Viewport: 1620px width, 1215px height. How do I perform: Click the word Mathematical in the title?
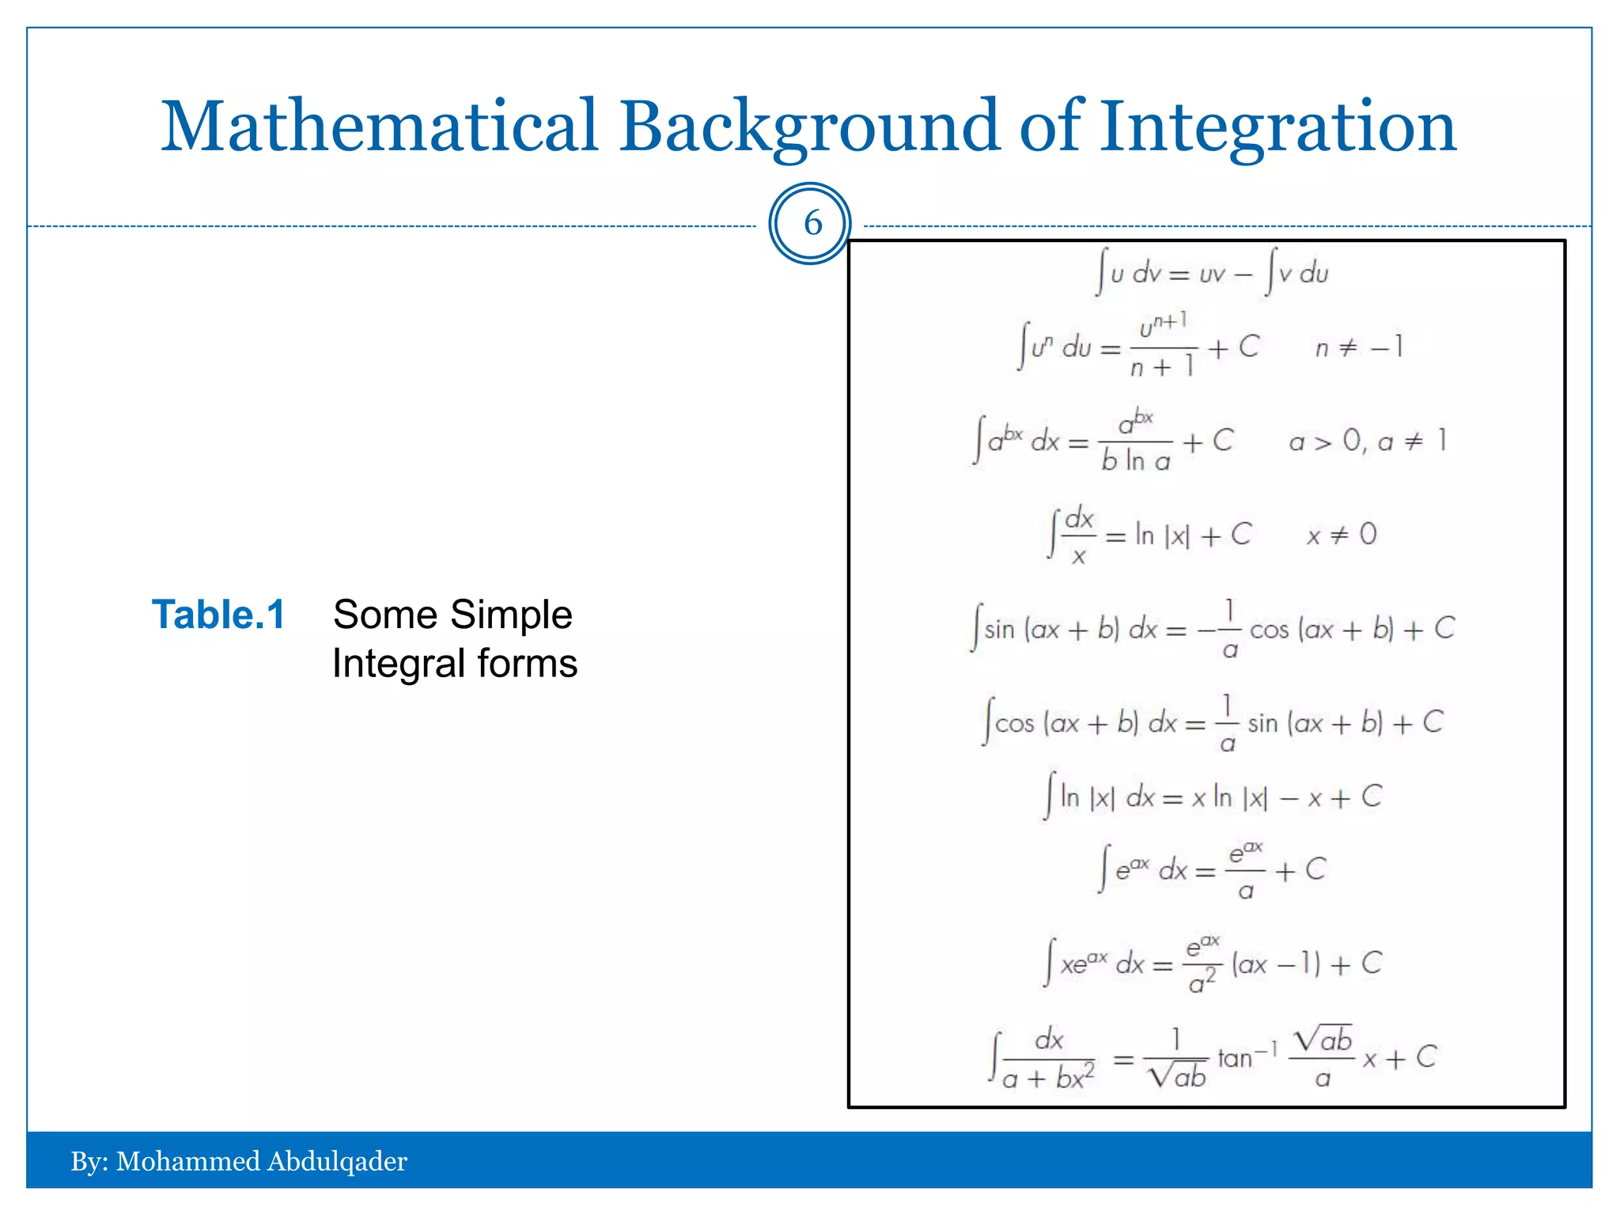380,127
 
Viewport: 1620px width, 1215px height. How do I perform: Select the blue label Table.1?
218,615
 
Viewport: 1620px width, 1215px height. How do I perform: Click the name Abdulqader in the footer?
337,1161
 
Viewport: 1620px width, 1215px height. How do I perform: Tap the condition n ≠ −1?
1359,347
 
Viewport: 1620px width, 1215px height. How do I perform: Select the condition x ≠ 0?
1342,536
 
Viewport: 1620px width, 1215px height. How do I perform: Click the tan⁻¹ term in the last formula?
1247,1057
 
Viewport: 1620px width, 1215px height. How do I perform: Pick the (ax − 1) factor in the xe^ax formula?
1276,963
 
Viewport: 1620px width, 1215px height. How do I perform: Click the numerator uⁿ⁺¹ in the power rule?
1163,325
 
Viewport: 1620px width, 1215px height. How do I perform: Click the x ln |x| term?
1228,797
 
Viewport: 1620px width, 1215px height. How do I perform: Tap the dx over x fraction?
1079,536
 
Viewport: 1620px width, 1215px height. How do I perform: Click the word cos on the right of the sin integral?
1269,630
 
